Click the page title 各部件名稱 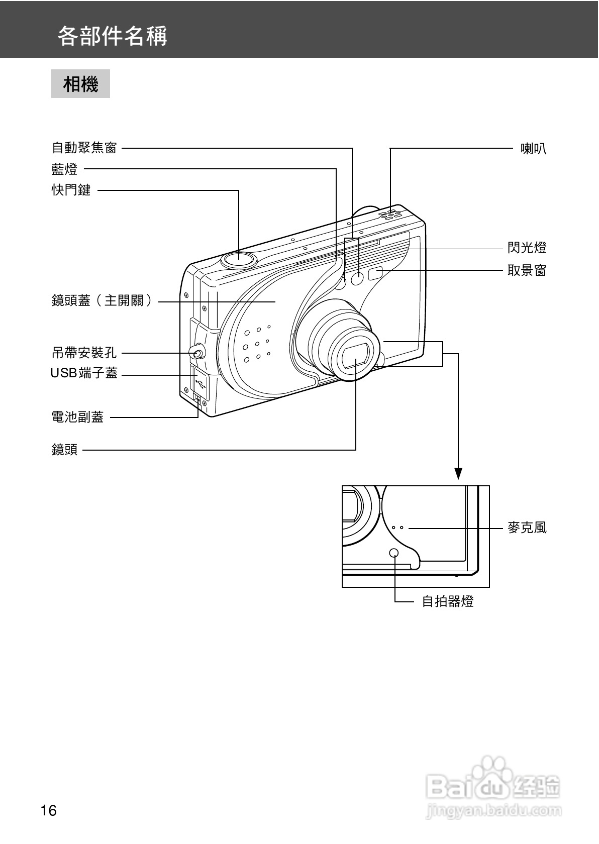(x=112, y=36)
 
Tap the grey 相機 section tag (x=80, y=84)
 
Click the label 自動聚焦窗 (x=84, y=148)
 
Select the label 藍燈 (x=64, y=169)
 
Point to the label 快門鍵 (x=71, y=190)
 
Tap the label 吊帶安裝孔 (x=84, y=353)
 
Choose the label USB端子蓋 (x=84, y=373)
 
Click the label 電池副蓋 (x=77, y=416)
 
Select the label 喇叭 (x=533, y=148)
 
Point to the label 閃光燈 (x=527, y=248)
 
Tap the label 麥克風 (x=527, y=528)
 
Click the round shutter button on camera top (x=239, y=259)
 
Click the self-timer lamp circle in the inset (x=394, y=553)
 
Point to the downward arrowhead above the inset (x=458, y=473)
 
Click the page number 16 (x=49, y=810)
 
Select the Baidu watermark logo (x=492, y=789)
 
